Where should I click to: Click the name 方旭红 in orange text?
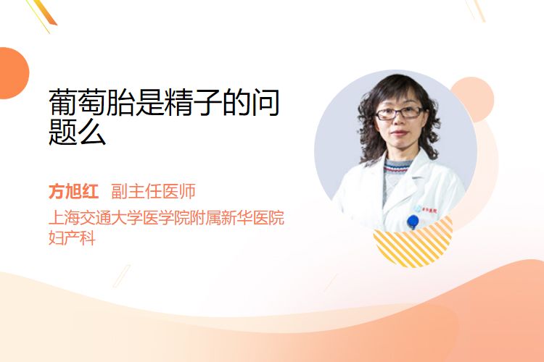coord(73,191)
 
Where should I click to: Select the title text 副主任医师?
coord(153,191)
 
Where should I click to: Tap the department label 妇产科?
coord(72,238)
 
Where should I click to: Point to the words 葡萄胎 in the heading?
coord(91,102)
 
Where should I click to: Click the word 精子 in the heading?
coord(193,102)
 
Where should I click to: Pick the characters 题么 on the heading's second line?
coord(78,132)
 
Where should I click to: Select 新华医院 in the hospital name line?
coord(253,217)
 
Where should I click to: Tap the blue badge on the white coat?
coord(413,221)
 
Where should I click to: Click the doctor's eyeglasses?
coord(399,113)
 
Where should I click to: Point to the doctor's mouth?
coord(399,133)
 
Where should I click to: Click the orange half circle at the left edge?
coord(14,73)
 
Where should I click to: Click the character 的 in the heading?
coord(236,102)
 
